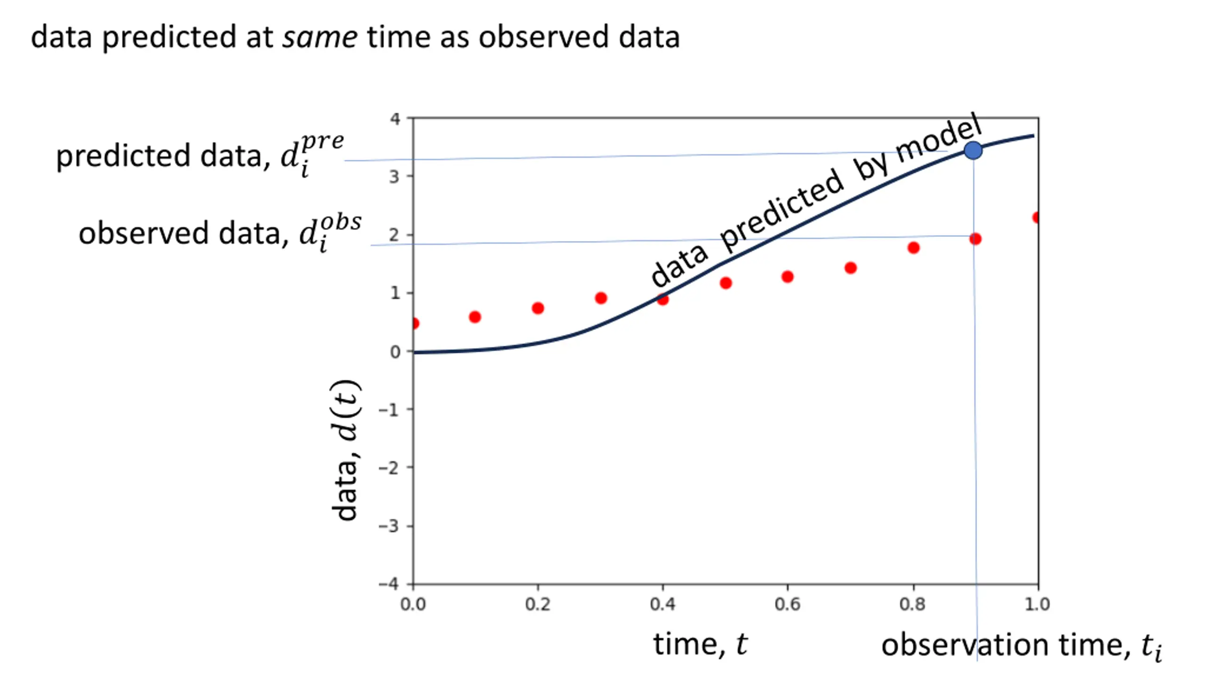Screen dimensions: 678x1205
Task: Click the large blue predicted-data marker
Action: coord(973,151)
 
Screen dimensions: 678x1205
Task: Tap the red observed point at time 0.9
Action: coord(975,239)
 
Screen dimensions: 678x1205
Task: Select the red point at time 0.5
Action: coord(726,283)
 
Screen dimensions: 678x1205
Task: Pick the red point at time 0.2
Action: coord(538,308)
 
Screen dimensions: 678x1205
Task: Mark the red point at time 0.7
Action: coord(851,268)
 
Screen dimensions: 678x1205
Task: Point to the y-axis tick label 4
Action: coord(394,119)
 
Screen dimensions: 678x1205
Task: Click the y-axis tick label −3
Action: coord(389,525)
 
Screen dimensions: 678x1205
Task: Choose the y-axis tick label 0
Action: coord(395,352)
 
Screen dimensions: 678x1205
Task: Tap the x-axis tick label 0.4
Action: coord(662,604)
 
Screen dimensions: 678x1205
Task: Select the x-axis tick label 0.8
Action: coord(913,604)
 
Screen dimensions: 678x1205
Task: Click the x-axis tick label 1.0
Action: coord(1037,604)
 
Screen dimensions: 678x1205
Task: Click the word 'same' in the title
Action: coord(320,37)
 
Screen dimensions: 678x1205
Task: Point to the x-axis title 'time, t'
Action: coord(700,644)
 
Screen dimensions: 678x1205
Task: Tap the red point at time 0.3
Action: coord(601,298)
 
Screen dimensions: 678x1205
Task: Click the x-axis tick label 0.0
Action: coord(413,604)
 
